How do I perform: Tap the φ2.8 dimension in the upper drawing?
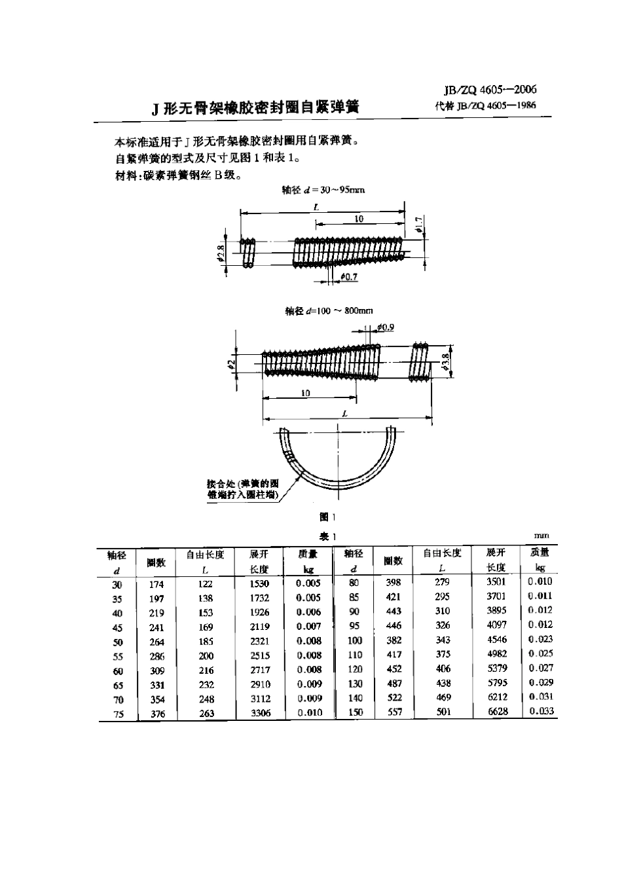click(221, 252)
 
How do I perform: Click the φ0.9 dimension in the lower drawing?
click(386, 327)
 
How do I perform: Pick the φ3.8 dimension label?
click(445, 361)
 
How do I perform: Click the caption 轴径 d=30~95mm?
click(323, 190)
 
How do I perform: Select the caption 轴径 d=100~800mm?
click(329, 311)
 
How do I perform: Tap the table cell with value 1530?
click(259, 583)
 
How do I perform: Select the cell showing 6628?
click(497, 712)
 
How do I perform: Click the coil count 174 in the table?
click(156, 584)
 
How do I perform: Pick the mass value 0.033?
click(541, 711)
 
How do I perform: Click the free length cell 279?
click(443, 582)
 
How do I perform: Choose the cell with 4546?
click(497, 640)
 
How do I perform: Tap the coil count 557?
click(394, 712)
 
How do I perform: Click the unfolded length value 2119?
click(259, 627)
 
